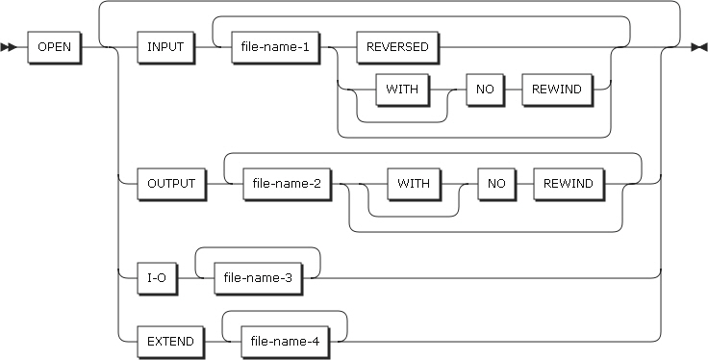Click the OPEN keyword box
pos(55,47)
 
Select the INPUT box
pos(167,47)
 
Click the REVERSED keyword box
pos(396,47)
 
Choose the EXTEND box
pos(170,341)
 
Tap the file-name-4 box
pos(284,341)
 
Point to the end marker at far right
pos(698,47)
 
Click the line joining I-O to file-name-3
pos(186,276)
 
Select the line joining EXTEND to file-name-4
pos(215,341)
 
